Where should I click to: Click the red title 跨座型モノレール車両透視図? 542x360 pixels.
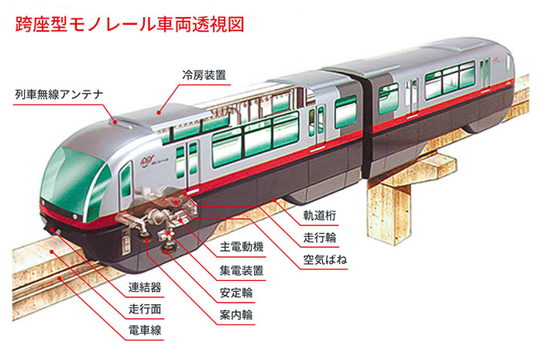[x=129, y=25]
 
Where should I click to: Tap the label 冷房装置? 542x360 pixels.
[x=204, y=75]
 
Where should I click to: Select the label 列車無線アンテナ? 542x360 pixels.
[x=59, y=94]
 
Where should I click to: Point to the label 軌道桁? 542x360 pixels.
[x=319, y=215]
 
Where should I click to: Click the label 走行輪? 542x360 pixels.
[x=319, y=238]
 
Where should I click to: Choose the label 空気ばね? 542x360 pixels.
[x=325, y=260]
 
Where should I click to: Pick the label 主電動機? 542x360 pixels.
[x=242, y=247]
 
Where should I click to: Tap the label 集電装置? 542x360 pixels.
[x=242, y=270]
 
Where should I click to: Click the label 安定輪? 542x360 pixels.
[x=236, y=293]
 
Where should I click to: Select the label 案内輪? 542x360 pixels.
[x=236, y=315]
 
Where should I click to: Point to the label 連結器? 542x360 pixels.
[x=145, y=287]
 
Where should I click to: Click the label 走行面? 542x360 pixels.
[x=145, y=309]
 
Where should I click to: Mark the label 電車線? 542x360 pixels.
[x=145, y=331]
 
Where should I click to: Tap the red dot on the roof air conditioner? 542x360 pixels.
[x=159, y=112]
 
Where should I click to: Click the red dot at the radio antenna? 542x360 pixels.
[x=115, y=122]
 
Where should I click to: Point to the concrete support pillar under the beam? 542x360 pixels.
[x=389, y=214]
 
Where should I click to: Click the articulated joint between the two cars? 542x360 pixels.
[x=366, y=125]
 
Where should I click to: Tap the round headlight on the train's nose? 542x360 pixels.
[x=75, y=216]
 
